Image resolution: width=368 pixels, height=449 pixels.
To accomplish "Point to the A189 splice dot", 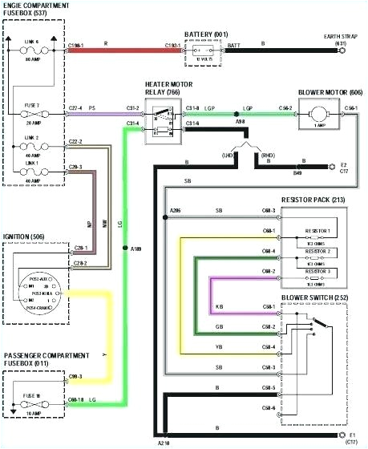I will [x=123, y=249].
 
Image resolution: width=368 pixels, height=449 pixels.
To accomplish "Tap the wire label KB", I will [x=219, y=308].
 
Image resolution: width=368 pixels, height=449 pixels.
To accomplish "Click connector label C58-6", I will [x=269, y=409].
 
